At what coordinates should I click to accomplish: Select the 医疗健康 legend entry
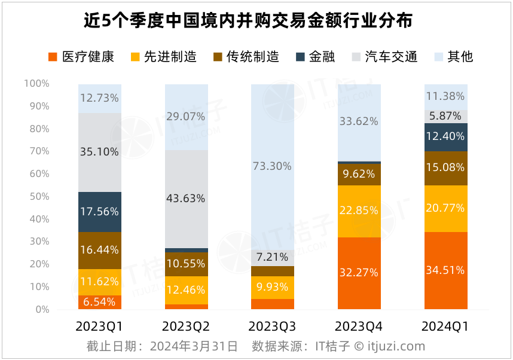tap(80, 57)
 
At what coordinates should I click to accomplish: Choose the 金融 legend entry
tap(315, 57)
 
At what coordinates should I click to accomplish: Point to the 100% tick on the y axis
tap(36, 84)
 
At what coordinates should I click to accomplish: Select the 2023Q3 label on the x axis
tap(273, 327)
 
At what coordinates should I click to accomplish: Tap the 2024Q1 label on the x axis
tap(445, 327)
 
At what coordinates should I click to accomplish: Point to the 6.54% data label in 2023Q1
tap(99, 302)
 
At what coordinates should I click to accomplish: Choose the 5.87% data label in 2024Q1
tap(445, 116)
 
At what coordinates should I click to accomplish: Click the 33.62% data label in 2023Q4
tap(359, 121)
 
